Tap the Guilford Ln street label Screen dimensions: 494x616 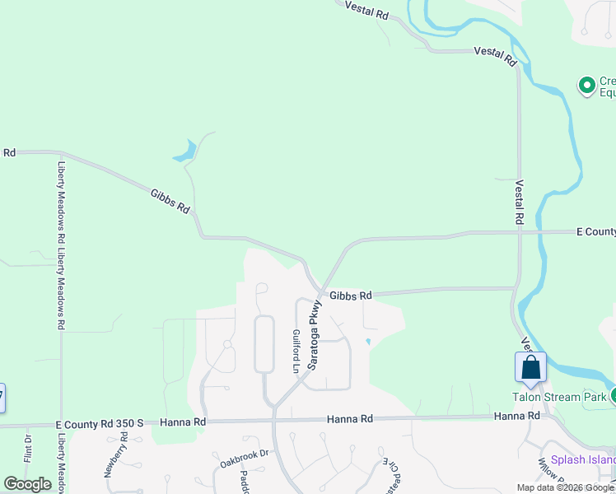click(x=296, y=352)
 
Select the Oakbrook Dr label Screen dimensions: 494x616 click(x=245, y=459)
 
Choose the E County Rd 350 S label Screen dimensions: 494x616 click(x=100, y=423)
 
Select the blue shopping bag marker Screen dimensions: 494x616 click(x=531, y=367)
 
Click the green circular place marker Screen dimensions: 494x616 click(x=586, y=85)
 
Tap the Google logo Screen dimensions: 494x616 click(x=27, y=484)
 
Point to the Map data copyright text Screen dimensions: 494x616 click(x=565, y=487)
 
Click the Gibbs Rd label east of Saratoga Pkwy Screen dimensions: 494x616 click(x=351, y=295)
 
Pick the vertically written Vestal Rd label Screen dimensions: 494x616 click(x=520, y=203)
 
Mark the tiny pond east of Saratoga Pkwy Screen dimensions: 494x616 click(x=368, y=342)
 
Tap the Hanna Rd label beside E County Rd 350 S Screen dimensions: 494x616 click(x=183, y=422)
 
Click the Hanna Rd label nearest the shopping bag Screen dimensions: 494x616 click(x=516, y=417)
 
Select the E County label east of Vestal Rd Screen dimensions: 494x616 click(x=595, y=232)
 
